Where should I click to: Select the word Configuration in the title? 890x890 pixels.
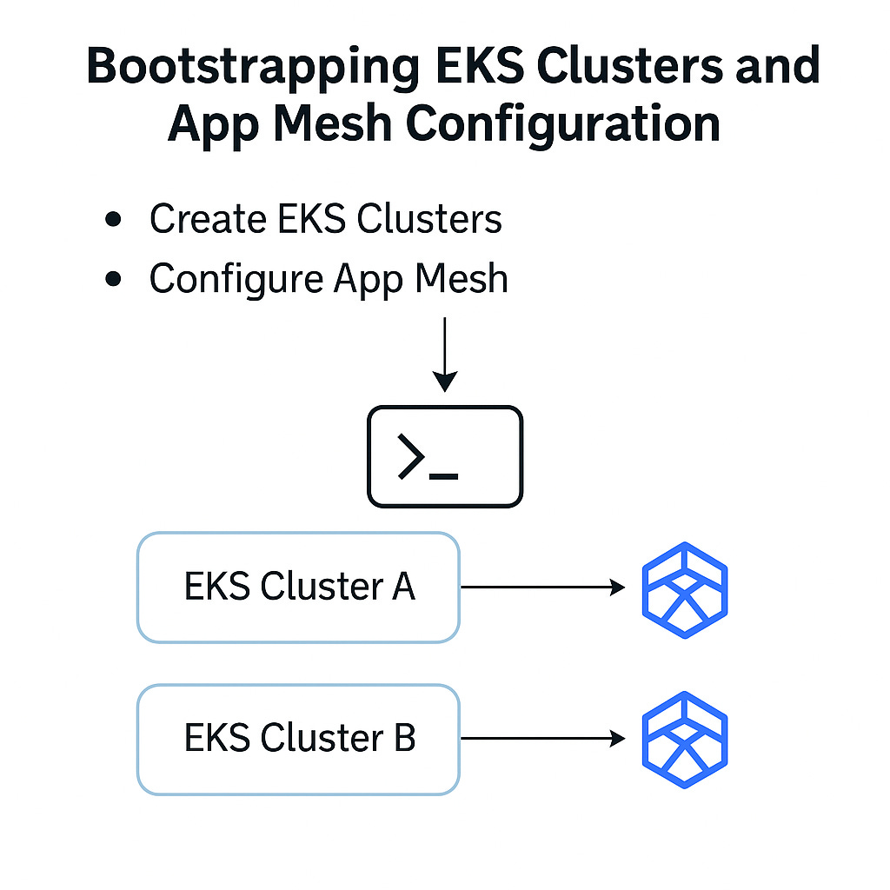click(563, 124)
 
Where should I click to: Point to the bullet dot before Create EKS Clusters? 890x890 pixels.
click(112, 219)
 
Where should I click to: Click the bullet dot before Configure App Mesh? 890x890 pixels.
click(112, 279)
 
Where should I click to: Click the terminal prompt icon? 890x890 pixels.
click(445, 456)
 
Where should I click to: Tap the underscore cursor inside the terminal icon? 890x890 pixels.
click(444, 475)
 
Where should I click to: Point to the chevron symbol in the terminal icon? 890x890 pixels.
click(411, 457)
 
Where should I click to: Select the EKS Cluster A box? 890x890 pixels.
click(298, 588)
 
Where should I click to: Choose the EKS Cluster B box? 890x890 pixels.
click(298, 739)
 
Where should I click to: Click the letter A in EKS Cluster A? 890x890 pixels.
click(403, 588)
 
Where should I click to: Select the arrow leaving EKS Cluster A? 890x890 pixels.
click(542, 588)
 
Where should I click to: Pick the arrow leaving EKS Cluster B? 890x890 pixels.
click(542, 739)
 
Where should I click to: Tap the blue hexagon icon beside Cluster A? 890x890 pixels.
click(684, 589)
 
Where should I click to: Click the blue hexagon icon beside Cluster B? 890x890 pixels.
click(684, 740)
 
